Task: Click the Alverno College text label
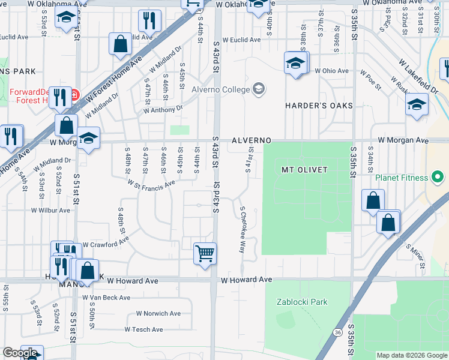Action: [220, 90]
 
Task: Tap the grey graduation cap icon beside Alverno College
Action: [259, 89]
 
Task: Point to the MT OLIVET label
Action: [304, 170]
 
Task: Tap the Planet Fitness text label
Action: [402, 178]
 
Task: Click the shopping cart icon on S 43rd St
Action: [205, 253]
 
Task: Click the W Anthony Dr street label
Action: [163, 110]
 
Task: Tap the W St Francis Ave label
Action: [151, 183]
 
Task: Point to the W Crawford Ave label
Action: [106, 245]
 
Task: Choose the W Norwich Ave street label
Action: [158, 313]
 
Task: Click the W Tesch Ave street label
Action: [143, 329]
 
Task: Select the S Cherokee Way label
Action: [243, 230]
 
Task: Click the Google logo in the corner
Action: [20, 353]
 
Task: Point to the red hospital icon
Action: [74, 95]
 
